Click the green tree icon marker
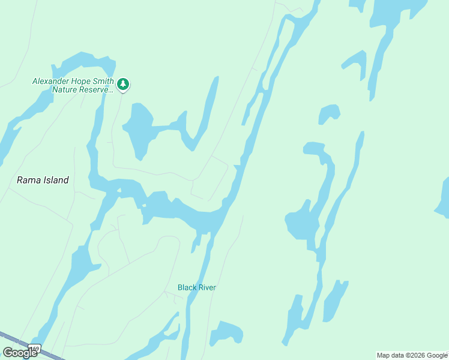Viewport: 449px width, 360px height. point(123,84)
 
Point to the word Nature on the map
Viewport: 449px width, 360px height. point(65,90)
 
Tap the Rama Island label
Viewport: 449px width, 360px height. point(43,179)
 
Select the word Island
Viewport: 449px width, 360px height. point(55,179)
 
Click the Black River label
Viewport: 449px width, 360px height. point(196,287)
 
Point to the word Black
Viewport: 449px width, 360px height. point(187,287)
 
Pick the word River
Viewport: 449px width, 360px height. point(207,287)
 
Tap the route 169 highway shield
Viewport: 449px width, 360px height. point(36,349)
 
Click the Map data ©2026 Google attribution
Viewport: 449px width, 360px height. point(412,355)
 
